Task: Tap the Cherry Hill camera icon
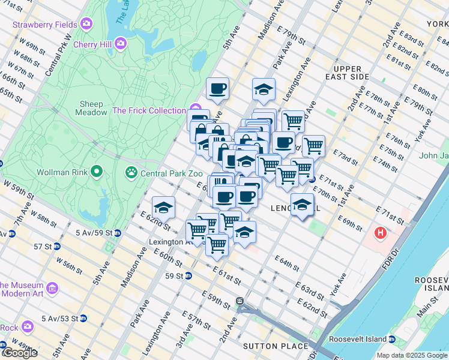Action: click(x=121, y=44)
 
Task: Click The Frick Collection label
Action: click(x=149, y=110)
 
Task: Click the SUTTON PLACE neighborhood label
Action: click(x=276, y=346)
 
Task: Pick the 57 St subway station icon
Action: click(x=56, y=247)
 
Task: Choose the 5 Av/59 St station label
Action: click(x=94, y=232)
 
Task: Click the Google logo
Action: click(x=19, y=353)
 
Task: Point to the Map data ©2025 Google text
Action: click(x=411, y=355)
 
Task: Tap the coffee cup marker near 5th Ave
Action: click(x=217, y=89)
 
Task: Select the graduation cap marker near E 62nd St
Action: click(x=163, y=208)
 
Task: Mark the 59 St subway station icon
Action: click(x=188, y=276)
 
